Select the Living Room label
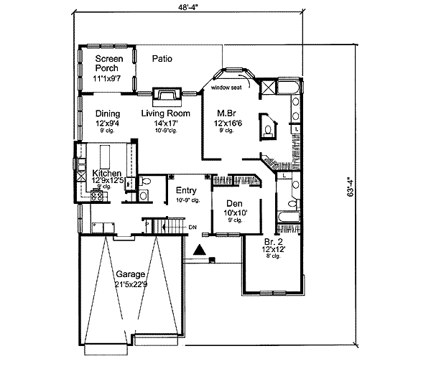pos(165,113)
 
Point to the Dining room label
pos(108,113)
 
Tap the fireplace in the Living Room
pos(166,95)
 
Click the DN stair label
pos(192,228)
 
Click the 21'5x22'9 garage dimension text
pos(131,285)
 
